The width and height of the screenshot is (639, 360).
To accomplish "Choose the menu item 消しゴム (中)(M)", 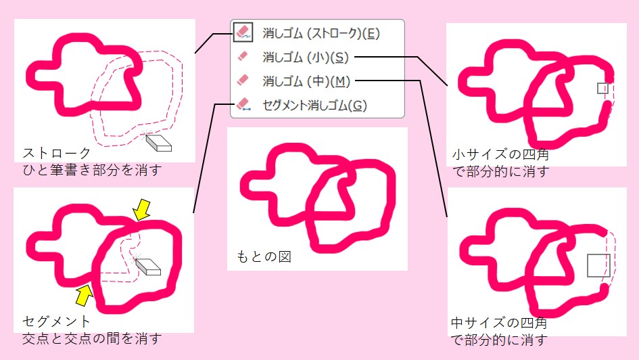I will [x=306, y=81].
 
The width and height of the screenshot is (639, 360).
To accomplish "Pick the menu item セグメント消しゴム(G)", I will [x=314, y=105].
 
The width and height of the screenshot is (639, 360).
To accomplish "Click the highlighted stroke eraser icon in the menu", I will [x=243, y=32].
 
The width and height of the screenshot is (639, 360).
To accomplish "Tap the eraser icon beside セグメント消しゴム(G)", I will [x=243, y=105].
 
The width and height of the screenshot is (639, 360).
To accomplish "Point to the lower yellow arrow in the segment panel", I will [x=83, y=294].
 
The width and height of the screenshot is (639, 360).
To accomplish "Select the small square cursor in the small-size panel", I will [x=602, y=88].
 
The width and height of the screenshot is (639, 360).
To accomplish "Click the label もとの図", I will [x=264, y=257].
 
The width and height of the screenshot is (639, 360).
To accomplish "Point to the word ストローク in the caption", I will [x=56, y=153].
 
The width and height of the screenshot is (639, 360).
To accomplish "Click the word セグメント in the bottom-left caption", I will [x=56, y=321].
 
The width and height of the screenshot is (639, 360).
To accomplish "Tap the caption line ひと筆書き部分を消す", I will [x=92, y=169].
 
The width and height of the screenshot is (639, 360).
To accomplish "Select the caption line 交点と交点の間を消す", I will [x=92, y=338].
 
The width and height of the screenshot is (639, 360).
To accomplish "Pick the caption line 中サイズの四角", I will [x=500, y=323].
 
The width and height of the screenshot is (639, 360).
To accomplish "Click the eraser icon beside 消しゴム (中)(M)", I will [x=243, y=81].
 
